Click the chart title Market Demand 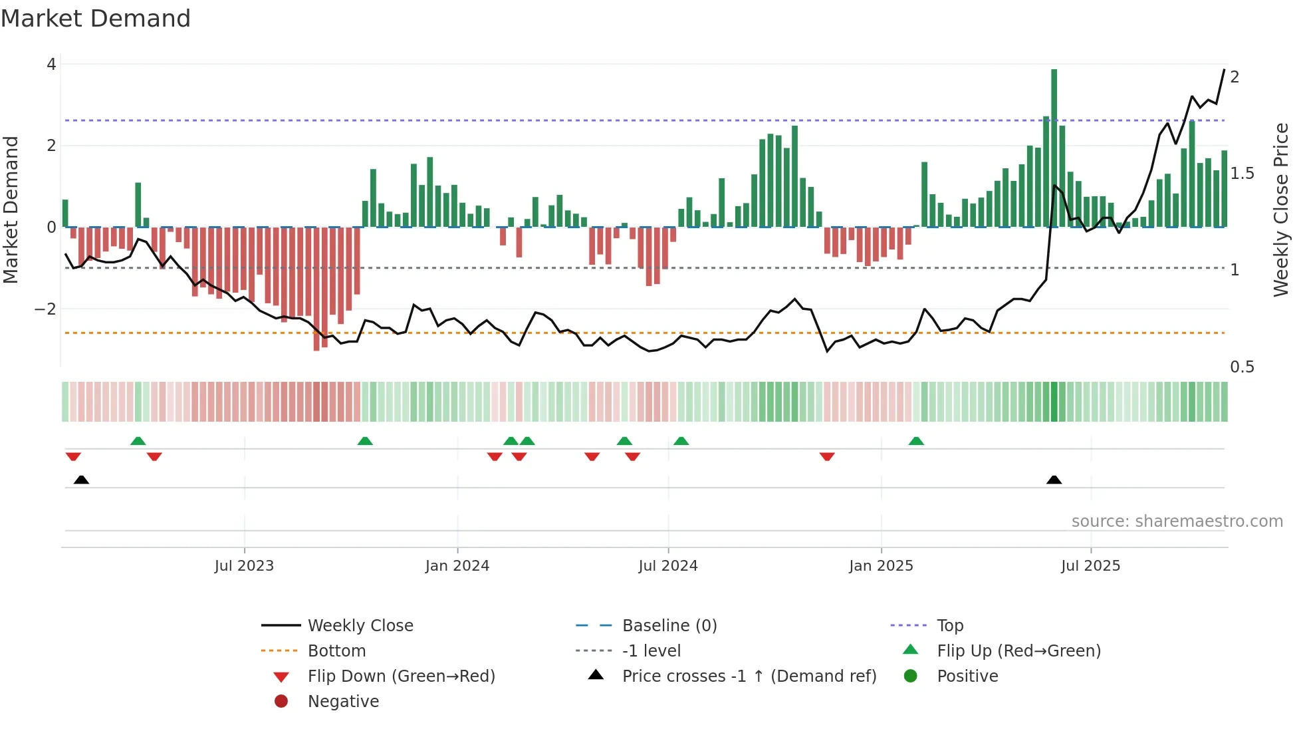pyautogui.click(x=96, y=19)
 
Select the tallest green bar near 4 pyautogui.click(x=1054, y=146)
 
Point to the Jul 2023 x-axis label pyautogui.click(x=244, y=566)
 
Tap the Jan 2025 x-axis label pyautogui.click(x=881, y=566)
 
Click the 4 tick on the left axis pyautogui.click(x=51, y=65)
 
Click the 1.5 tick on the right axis pyautogui.click(x=1242, y=174)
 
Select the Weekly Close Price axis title pyautogui.click(x=1281, y=210)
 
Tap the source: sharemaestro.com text pyautogui.click(x=1177, y=521)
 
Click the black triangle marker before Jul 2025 pyautogui.click(x=1054, y=480)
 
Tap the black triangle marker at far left pyautogui.click(x=81, y=480)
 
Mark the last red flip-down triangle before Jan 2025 pyautogui.click(x=827, y=456)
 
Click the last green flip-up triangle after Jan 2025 pyautogui.click(x=916, y=441)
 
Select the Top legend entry pyautogui.click(x=950, y=626)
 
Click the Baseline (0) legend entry pyautogui.click(x=669, y=626)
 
